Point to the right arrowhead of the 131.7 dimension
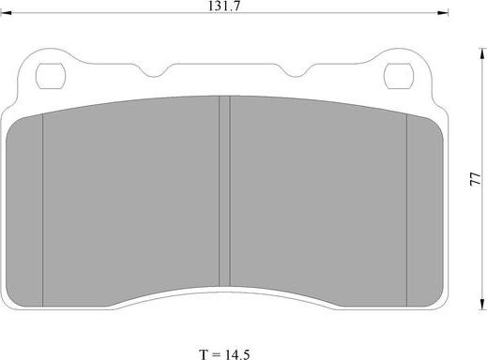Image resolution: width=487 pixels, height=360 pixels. pyautogui.click(x=444, y=12)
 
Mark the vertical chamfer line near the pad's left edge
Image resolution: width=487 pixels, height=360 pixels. pyautogui.click(x=44, y=206)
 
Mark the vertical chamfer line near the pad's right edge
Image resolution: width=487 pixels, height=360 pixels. pyautogui.click(x=406, y=206)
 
